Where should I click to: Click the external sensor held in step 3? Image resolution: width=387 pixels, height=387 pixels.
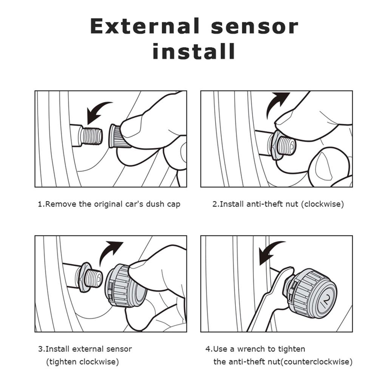point(123,285)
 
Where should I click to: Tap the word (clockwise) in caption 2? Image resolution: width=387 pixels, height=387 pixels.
point(324,204)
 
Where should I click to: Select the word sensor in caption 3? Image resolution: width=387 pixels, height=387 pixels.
point(120,349)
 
